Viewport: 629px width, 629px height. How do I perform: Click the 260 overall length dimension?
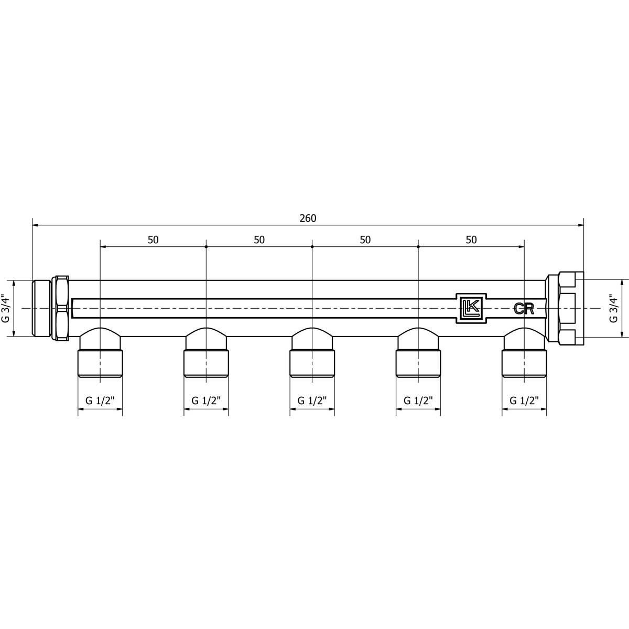pyautogui.click(x=308, y=219)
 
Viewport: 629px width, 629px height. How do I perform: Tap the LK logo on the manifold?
pyautogui.click(x=471, y=308)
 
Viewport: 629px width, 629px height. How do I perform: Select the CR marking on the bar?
pyautogui.click(x=524, y=308)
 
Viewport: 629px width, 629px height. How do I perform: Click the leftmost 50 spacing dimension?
pyautogui.click(x=153, y=240)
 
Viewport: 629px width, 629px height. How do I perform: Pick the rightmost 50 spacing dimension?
pyautogui.click(x=471, y=240)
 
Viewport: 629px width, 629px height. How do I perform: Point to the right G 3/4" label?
pyautogui.click(x=614, y=308)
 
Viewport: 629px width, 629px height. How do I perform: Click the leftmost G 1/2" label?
pyautogui.click(x=100, y=400)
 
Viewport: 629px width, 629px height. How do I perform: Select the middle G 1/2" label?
pyautogui.click(x=312, y=400)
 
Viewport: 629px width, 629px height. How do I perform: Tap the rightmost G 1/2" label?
pyautogui.click(x=524, y=400)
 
